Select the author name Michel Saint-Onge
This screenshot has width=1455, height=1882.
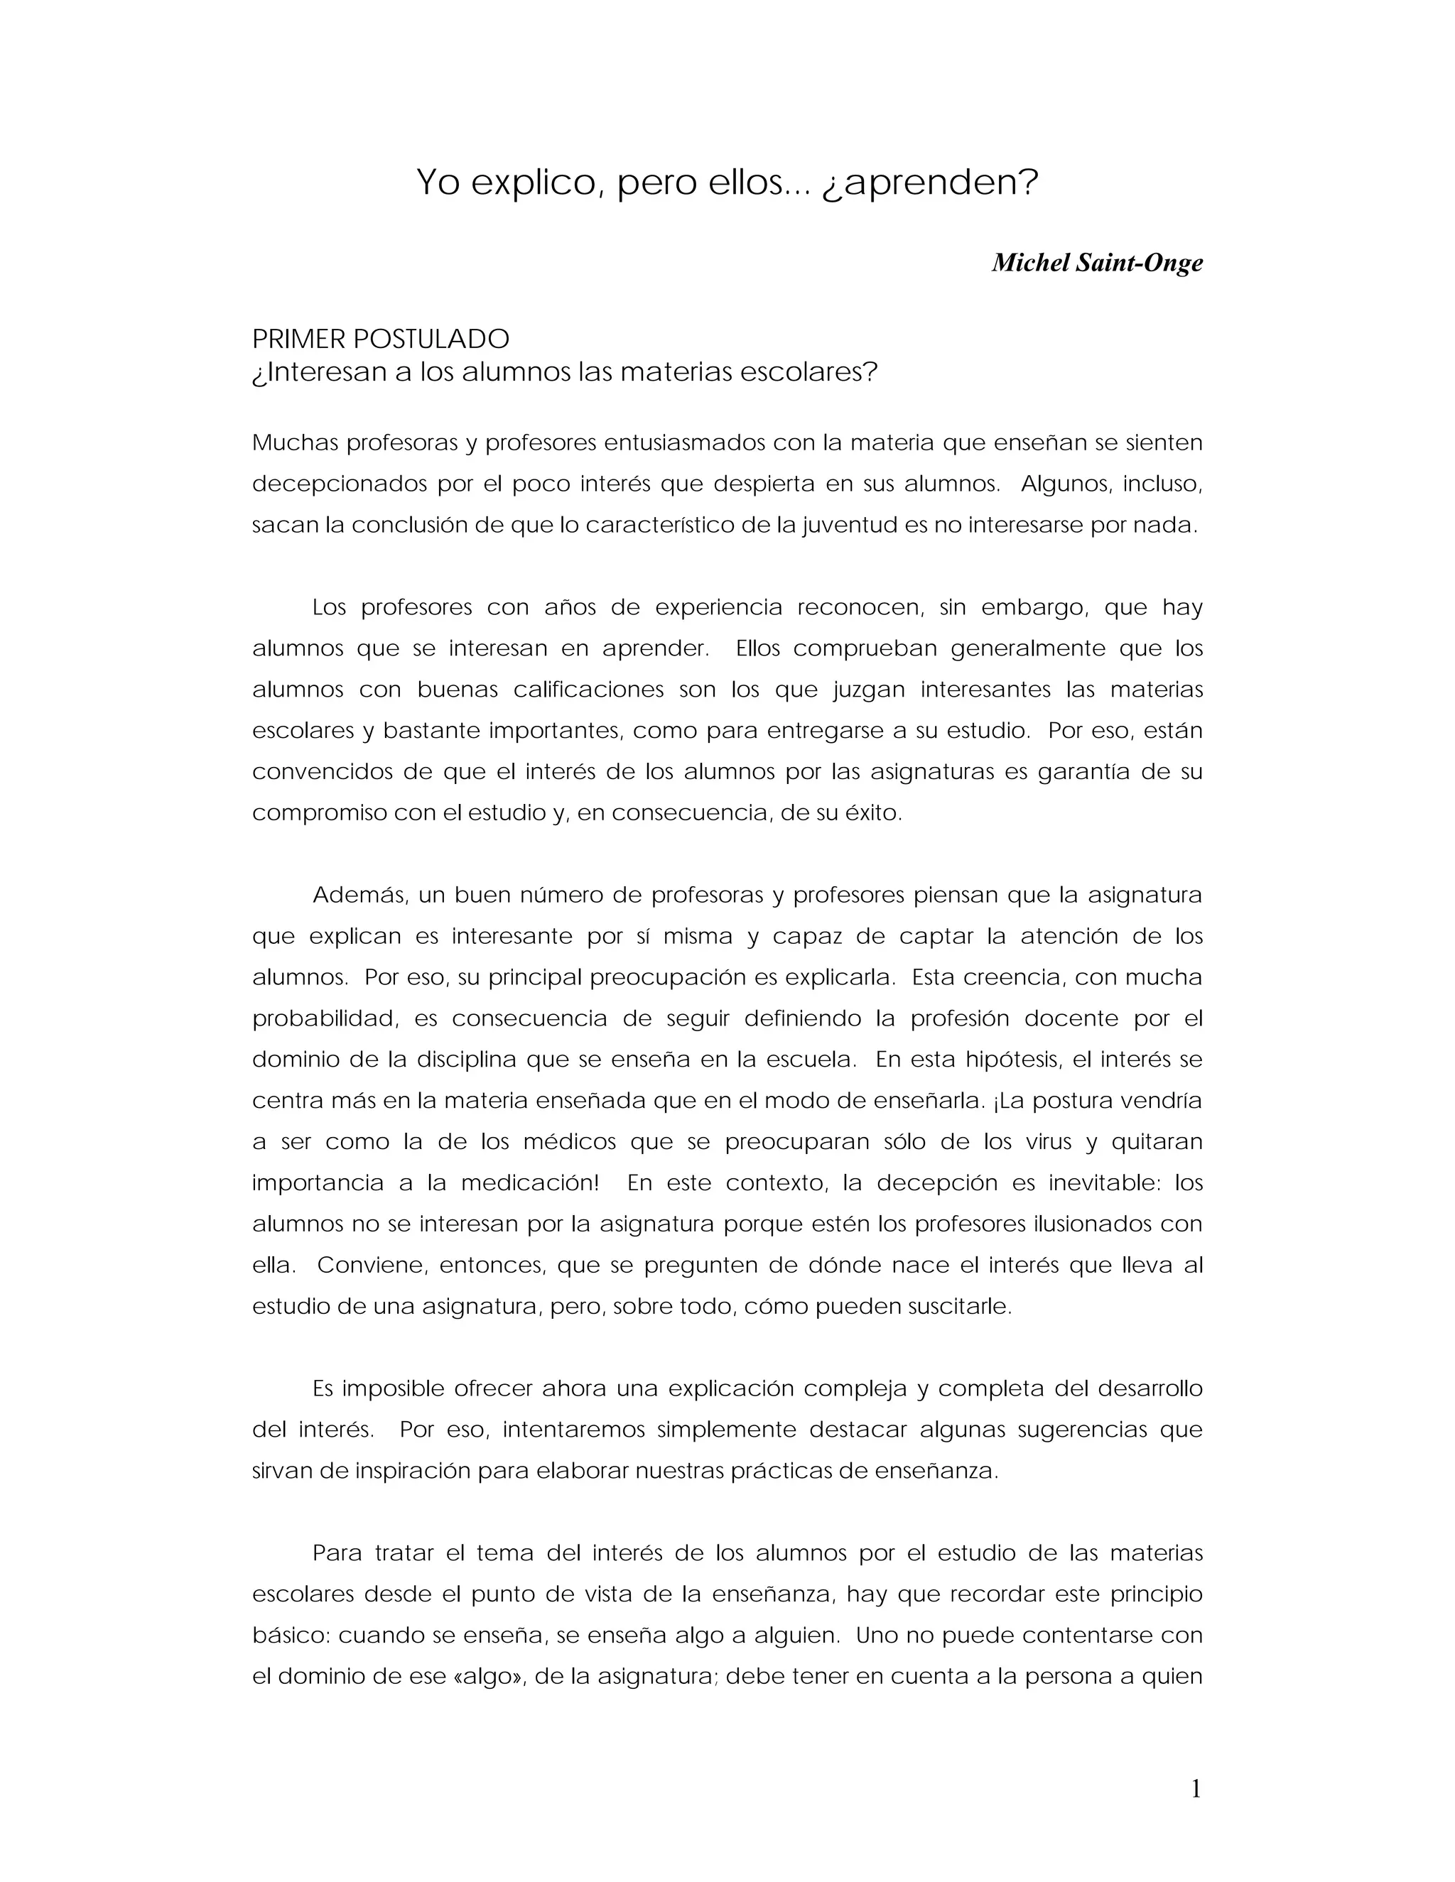[x=1096, y=262]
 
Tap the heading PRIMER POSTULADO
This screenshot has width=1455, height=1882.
[x=380, y=339]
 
